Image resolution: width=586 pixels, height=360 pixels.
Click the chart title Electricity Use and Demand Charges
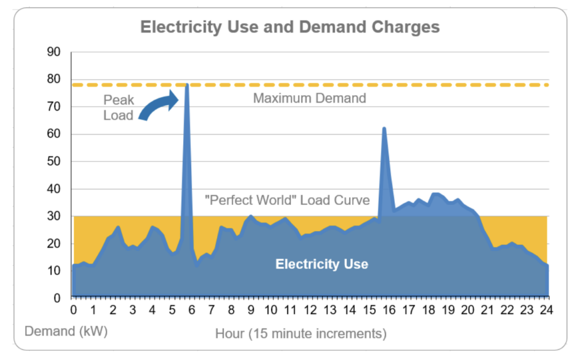pyautogui.click(x=290, y=27)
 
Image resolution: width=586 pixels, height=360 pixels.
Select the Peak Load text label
pyautogui.click(x=118, y=108)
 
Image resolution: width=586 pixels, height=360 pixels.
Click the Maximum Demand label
pyautogui.click(x=309, y=98)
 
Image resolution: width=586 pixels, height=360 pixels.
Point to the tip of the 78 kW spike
pyautogui.click(x=187, y=85)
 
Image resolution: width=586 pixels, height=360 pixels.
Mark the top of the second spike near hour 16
pyautogui.click(x=384, y=128)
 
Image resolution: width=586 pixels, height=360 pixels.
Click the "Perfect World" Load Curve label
pyautogui.click(x=287, y=201)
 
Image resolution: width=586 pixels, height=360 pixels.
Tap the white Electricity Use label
pyautogui.click(x=322, y=264)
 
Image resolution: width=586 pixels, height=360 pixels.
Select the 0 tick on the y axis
pyautogui.click(x=57, y=298)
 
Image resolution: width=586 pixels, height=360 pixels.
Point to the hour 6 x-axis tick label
pyautogui.click(x=192, y=310)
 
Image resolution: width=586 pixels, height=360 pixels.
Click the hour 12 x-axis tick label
pyautogui.click(x=310, y=310)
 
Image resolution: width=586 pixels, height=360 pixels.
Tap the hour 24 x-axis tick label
pyautogui.click(x=547, y=310)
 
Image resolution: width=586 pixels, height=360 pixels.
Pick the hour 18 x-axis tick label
pyautogui.click(x=429, y=310)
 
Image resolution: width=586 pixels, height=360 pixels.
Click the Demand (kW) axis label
pyautogui.click(x=66, y=331)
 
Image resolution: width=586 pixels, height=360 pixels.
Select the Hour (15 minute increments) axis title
pyautogui.click(x=301, y=333)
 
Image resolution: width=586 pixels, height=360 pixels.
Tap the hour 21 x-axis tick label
pyautogui.click(x=488, y=310)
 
